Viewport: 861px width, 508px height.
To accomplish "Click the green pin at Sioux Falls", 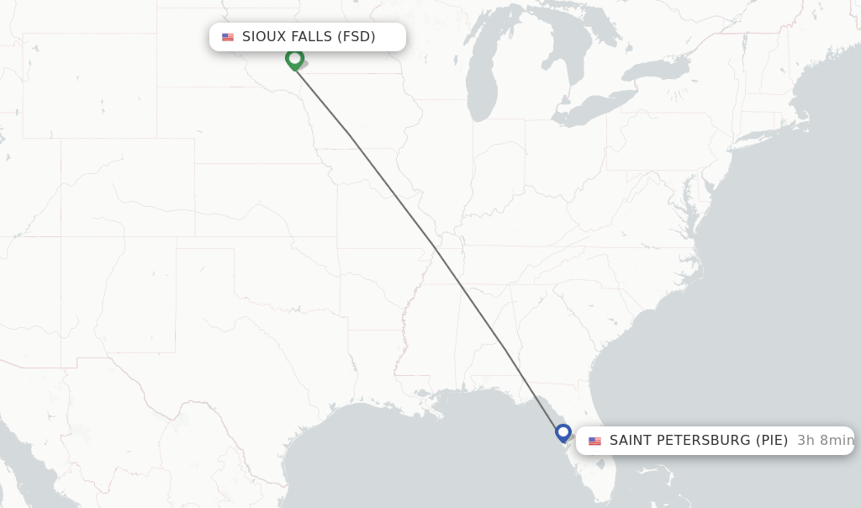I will click(x=294, y=59).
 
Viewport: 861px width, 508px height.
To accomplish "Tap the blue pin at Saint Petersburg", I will click(x=563, y=433).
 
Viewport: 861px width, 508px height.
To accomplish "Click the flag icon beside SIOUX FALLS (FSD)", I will click(x=228, y=37).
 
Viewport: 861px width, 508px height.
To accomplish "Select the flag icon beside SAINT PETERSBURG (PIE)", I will click(x=595, y=441).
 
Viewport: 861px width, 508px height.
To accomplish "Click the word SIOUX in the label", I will click(x=262, y=37).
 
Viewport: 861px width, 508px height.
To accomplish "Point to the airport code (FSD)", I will click(x=356, y=37).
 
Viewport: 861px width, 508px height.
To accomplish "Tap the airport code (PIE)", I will click(x=771, y=441).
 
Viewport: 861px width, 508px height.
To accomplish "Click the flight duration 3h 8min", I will click(x=825, y=441).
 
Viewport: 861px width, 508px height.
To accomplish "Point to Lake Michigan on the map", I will click(x=481, y=84).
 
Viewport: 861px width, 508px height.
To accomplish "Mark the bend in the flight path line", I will click(x=436, y=250).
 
